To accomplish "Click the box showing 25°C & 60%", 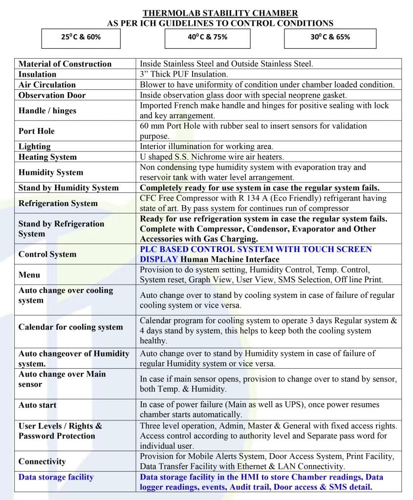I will (x=81, y=37).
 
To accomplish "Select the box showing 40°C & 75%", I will (x=207, y=37).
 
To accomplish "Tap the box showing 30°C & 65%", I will (x=330, y=37).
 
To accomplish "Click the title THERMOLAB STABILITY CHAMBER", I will (x=220, y=13).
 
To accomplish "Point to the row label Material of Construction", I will (x=65, y=64).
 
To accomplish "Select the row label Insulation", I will (x=37, y=74).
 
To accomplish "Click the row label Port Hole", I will (x=37, y=131).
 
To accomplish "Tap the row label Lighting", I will (x=34, y=146).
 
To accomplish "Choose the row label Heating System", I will (x=47, y=157).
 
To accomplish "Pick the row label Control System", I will (x=47, y=254).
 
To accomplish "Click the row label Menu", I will (x=29, y=274).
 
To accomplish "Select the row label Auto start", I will (x=37, y=405).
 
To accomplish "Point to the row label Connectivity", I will (x=42, y=461).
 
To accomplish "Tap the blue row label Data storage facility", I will (x=56, y=477).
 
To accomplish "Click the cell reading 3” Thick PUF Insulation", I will (x=184, y=74).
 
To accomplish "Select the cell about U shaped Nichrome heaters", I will (x=212, y=157).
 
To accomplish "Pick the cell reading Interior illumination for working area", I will (x=206, y=146).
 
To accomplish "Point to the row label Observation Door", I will (x=52, y=95).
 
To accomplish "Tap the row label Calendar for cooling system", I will (x=70, y=327).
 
